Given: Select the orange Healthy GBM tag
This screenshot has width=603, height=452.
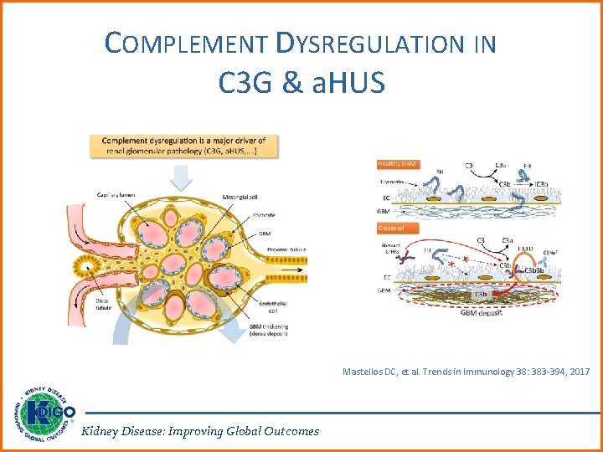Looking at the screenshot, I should [397, 163].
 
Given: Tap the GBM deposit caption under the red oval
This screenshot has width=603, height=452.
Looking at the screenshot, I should [477, 313].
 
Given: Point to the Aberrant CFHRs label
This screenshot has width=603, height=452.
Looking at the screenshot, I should [391, 249].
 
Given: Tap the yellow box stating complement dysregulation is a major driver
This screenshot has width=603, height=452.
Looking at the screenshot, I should [184, 146].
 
